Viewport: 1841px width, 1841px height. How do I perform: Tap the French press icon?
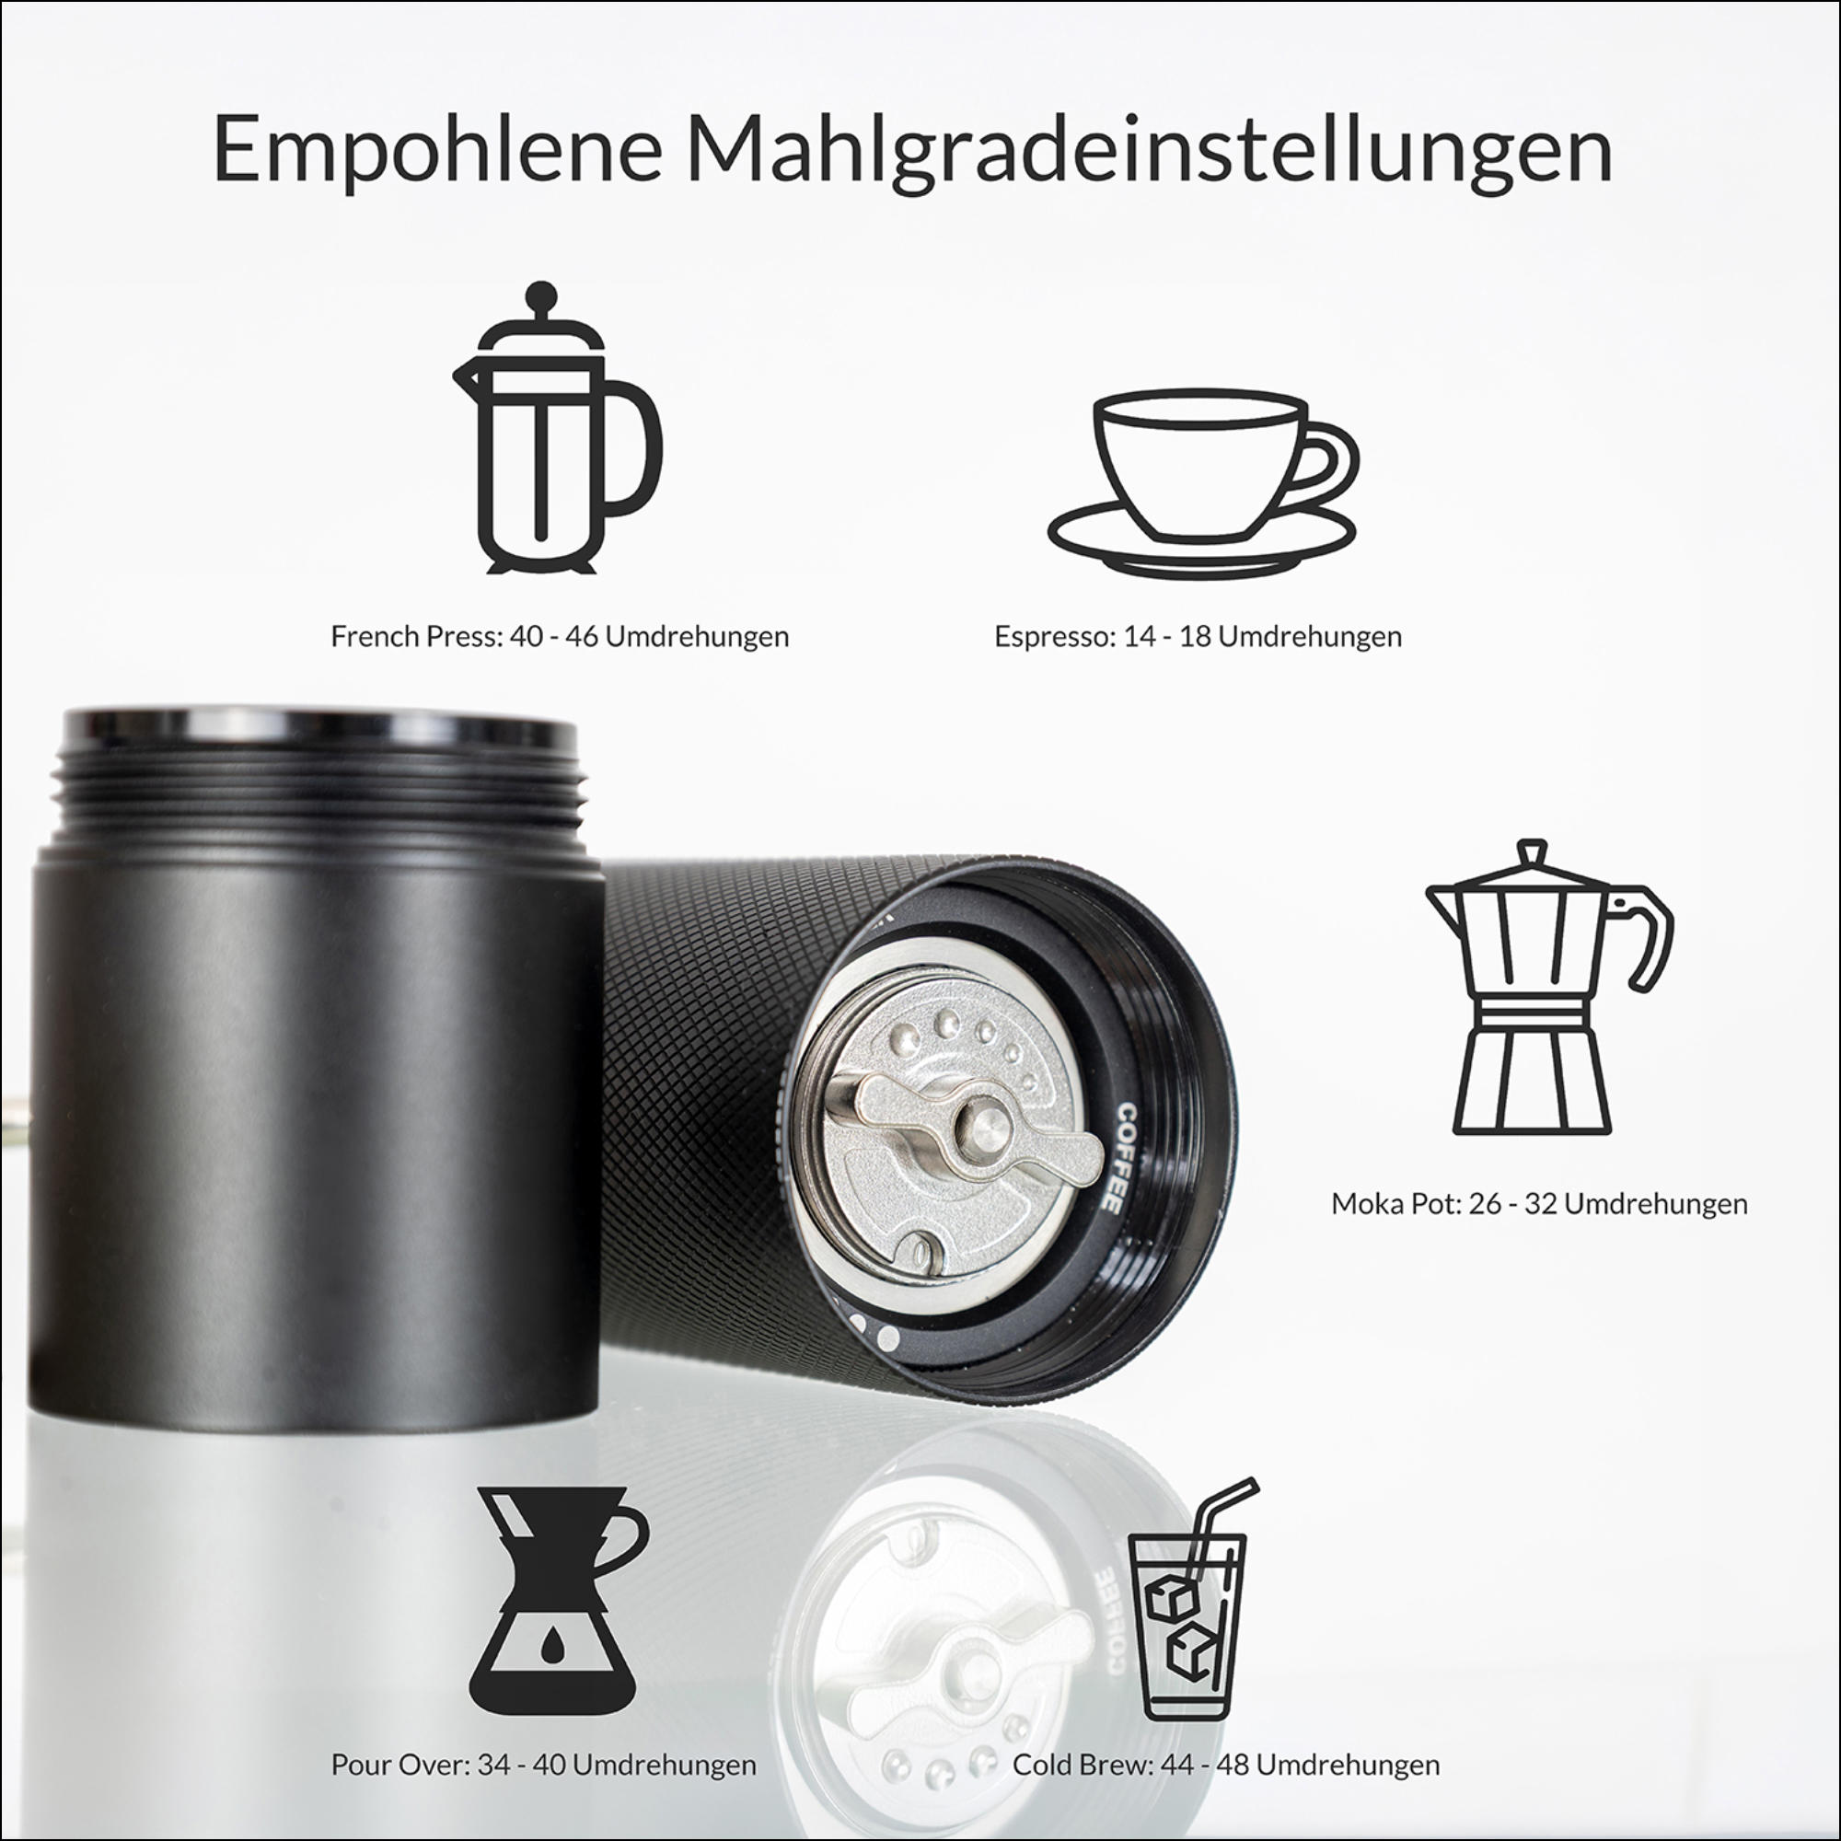pos(556,428)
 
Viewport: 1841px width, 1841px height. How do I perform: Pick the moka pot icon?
pos(1548,987)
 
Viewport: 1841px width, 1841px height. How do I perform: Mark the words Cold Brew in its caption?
pos(1083,1765)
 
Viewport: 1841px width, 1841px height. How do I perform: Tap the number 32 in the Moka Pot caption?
pos(1541,1203)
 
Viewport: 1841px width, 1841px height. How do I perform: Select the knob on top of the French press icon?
pos(541,294)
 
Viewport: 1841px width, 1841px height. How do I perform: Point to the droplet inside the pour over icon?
pos(552,1641)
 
